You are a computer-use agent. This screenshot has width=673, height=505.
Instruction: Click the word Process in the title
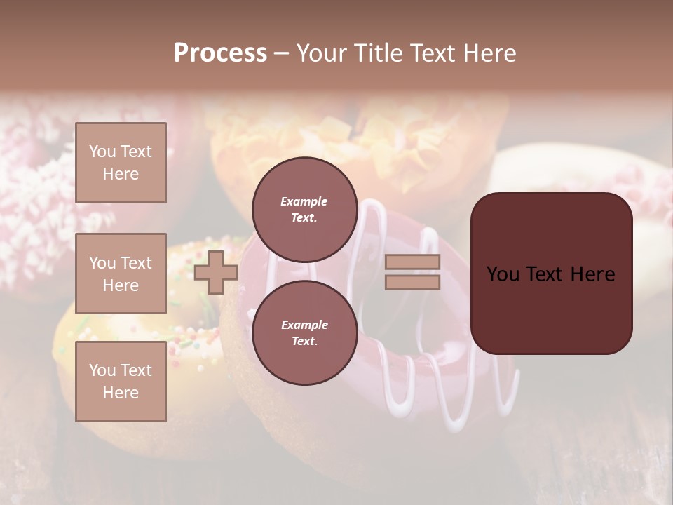coord(220,53)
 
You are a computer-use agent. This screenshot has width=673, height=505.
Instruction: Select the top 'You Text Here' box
coord(121,163)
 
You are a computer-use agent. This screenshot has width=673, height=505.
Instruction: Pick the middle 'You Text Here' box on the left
coord(121,274)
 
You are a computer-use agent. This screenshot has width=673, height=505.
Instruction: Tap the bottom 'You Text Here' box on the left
coord(121,382)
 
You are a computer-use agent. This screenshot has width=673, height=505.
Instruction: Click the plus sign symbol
coord(216,272)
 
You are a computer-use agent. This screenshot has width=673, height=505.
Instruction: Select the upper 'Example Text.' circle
coord(304,210)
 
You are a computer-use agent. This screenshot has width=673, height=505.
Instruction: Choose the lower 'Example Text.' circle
coord(304,333)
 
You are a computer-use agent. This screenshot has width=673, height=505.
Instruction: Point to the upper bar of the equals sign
coord(413,262)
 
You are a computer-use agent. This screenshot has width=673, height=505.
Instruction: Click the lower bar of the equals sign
coord(413,282)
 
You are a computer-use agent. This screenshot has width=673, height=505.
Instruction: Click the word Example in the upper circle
coord(304,202)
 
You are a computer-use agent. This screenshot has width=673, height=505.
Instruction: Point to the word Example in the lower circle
coord(304,325)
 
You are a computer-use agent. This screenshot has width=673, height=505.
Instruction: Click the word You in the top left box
coord(102,151)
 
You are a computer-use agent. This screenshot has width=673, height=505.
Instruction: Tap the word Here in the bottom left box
coord(121,393)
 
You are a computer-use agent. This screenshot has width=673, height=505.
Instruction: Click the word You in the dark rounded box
coord(503,274)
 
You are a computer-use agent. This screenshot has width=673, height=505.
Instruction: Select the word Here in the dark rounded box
coord(592,274)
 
